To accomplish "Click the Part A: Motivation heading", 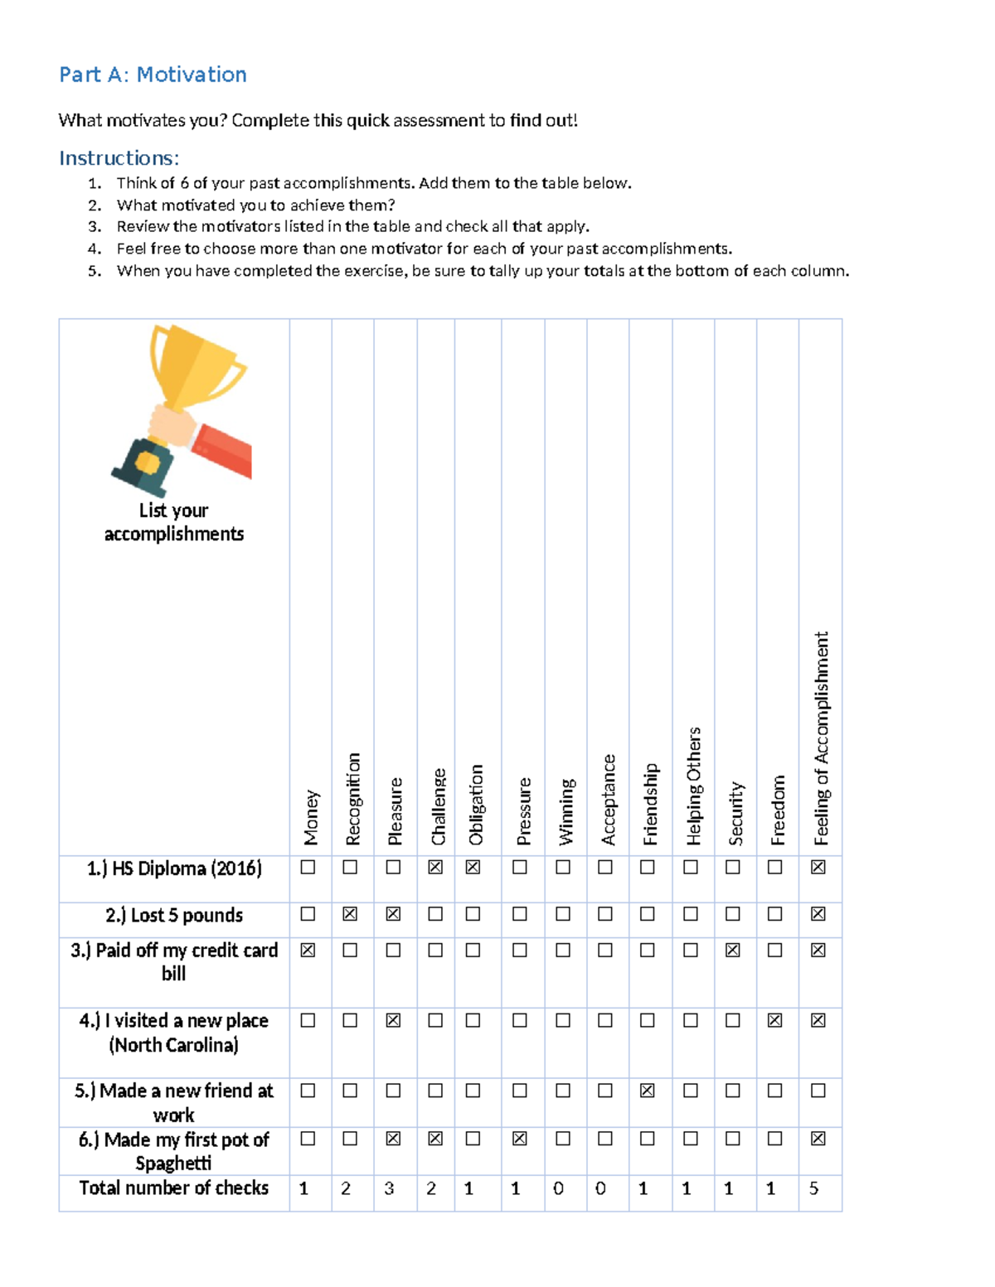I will pyautogui.click(x=153, y=75).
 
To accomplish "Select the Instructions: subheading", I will pyautogui.click(x=119, y=157).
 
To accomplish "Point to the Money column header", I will pyautogui.click(x=311, y=816).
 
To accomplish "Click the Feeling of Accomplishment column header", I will pyautogui.click(x=821, y=738).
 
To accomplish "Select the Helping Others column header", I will pyautogui.click(x=693, y=786).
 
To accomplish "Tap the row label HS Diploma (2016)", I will pyautogui.click(x=174, y=868).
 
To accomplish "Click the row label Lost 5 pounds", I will pyautogui.click(x=174, y=915).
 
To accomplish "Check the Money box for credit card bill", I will pyautogui.click(x=308, y=950).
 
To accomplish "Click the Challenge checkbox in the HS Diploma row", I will pyautogui.click(x=435, y=867).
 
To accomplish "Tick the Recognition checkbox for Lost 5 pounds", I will pyautogui.click(x=350, y=914).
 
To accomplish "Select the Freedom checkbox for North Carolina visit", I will pyautogui.click(x=774, y=1020).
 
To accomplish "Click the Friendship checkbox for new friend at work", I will pyautogui.click(x=648, y=1091).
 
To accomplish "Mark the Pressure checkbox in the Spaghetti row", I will pyautogui.click(x=520, y=1139).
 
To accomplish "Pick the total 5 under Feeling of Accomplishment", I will pyautogui.click(x=813, y=1188).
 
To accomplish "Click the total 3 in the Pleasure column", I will pyautogui.click(x=389, y=1188).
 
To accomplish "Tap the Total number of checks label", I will pyautogui.click(x=174, y=1188).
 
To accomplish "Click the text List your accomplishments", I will pyautogui.click(x=174, y=522).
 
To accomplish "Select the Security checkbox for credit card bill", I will pyautogui.click(x=732, y=950).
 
